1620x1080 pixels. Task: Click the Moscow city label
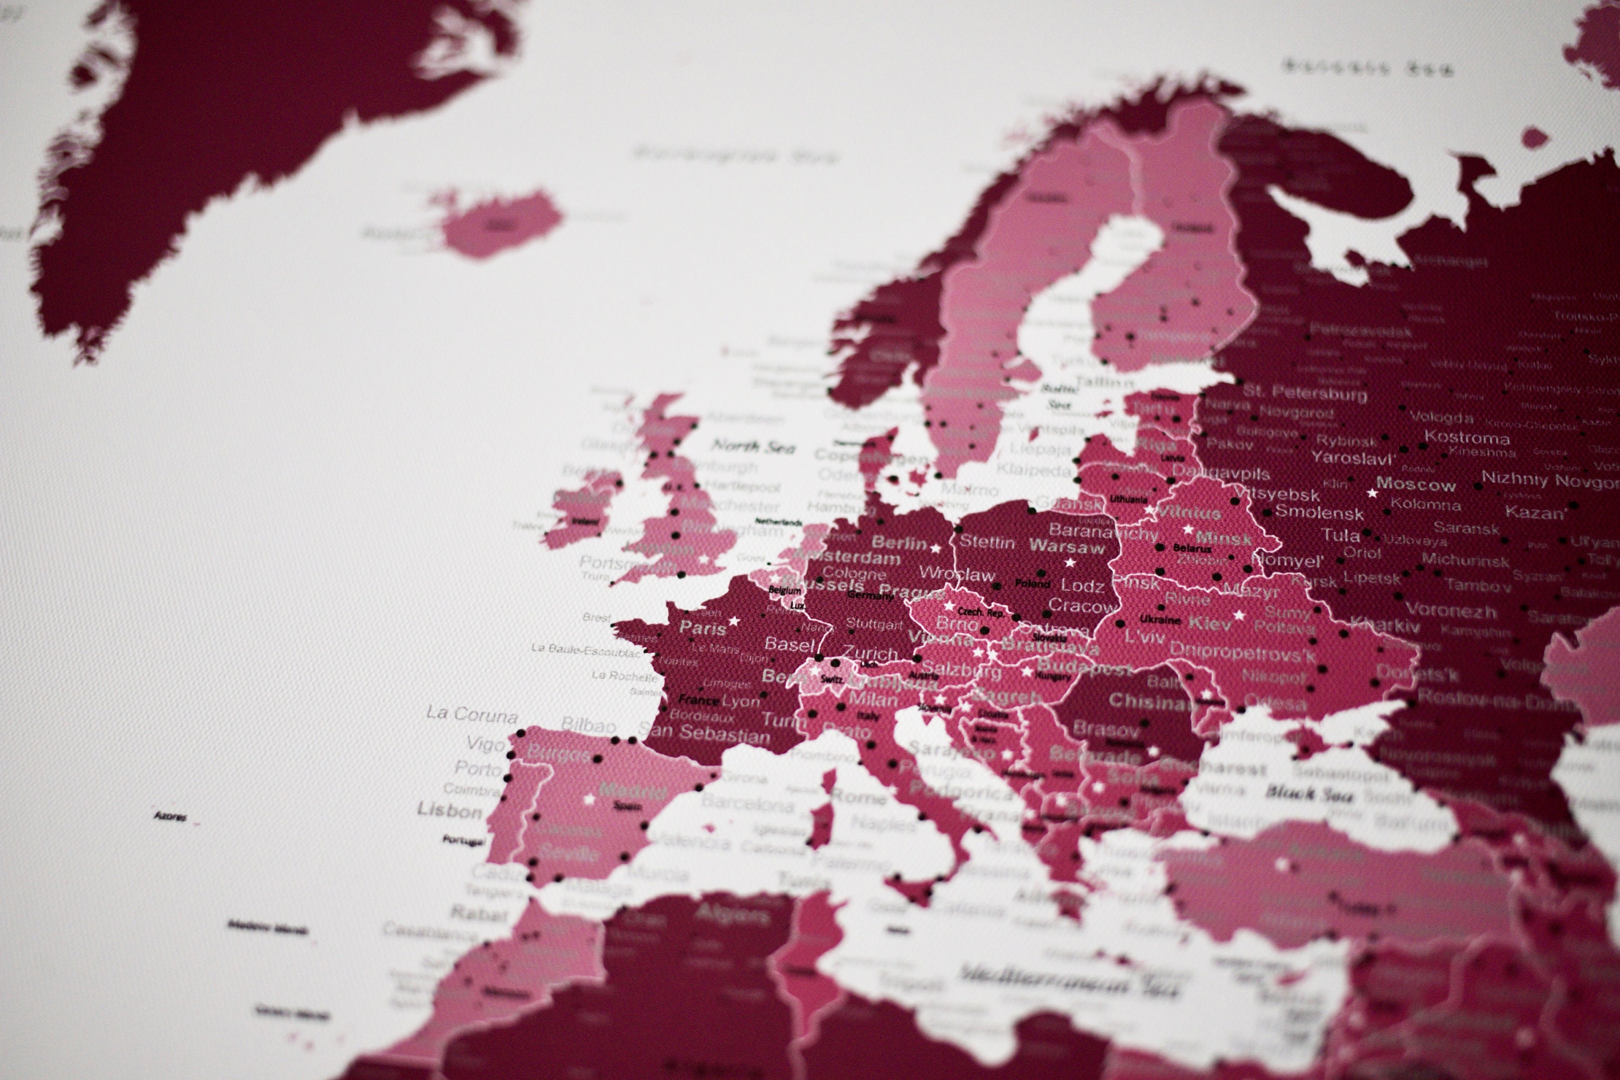tap(1415, 485)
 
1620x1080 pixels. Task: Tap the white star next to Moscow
tap(1372, 493)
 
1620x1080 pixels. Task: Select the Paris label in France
tap(703, 627)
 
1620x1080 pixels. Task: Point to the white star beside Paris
tap(734, 622)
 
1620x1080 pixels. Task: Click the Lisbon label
tap(449, 810)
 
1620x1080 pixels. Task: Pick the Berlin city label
tap(899, 543)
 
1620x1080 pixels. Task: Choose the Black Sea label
tap(1308, 794)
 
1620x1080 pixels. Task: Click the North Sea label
tap(753, 447)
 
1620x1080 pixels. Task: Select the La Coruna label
tap(472, 714)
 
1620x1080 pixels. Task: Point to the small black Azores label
tap(170, 817)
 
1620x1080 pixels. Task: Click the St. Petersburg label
tap(1305, 393)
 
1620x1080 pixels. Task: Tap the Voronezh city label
tap(1450, 610)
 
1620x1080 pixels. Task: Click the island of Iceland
tap(500, 222)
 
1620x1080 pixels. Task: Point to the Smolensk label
tap(1318, 512)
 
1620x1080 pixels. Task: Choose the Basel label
tap(789, 645)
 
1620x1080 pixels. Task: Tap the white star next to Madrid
tap(590, 800)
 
